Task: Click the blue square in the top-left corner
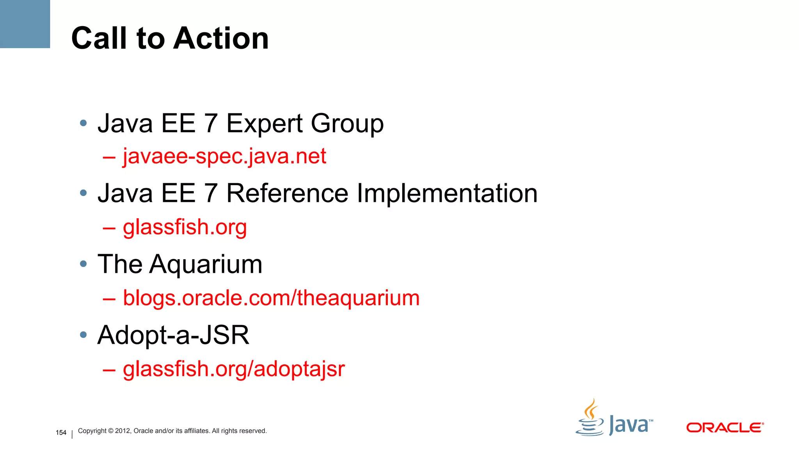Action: [x=25, y=24]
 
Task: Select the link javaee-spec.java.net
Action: [x=224, y=156]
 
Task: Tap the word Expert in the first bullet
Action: [x=265, y=124]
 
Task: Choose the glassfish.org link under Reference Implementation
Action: [x=185, y=227]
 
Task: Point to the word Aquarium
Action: [x=206, y=265]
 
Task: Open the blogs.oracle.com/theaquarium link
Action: [x=271, y=298]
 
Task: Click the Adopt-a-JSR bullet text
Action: [x=173, y=335]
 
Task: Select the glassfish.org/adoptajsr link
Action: [x=234, y=369]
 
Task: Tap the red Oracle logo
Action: [x=724, y=428]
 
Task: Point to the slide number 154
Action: [x=61, y=433]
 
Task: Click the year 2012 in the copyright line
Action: [x=123, y=431]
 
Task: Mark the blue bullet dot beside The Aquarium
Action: [x=83, y=264]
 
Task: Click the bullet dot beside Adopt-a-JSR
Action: [x=83, y=335]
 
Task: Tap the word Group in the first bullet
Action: [x=347, y=124]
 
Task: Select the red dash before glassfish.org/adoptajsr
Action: [x=109, y=369]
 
